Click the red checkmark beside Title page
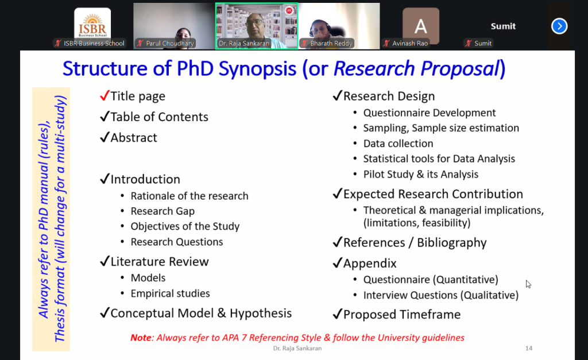pyautogui.click(x=105, y=95)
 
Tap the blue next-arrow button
pyautogui.click(x=559, y=26)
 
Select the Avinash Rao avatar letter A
pyautogui.click(x=421, y=25)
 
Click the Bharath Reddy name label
pyautogui.click(x=331, y=44)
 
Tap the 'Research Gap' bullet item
pyautogui.click(x=163, y=211)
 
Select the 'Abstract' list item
pyautogui.click(x=134, y=138)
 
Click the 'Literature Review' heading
pyautogui.click(x=160, y=262)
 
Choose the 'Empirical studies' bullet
pyautogui.click(x=170, y=293)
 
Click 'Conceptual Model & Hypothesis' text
pyautogui.click(x=201, y=313)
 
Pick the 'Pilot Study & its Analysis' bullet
pyautogui.click(x=420, y=174)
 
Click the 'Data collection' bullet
pyautogui.click(x=398, y=144)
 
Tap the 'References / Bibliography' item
pyautogui.click(x=415, y=243)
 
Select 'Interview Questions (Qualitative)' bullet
pyautogui.click(x=440, y=295)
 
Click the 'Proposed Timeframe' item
pyautogui.click(x=402, y=315)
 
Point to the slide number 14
pyautogui.click(x=529, y=348)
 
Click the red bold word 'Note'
pyautogui.click(x=141, y=338)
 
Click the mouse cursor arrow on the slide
pyautogui.click(x=528, y=284)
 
